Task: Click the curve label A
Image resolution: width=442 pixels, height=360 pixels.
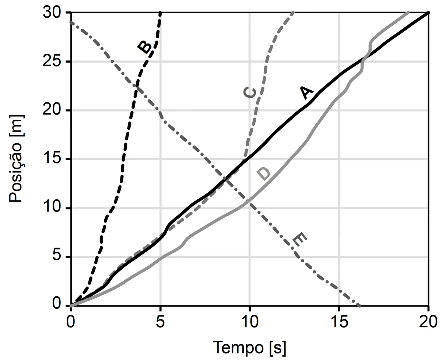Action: pyautogui.click(x=306, y=93)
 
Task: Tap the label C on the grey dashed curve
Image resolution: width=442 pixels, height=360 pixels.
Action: pyautogui.click(x=250, y=93)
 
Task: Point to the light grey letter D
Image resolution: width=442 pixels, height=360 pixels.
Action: pyautogui.click(x=263, y=174)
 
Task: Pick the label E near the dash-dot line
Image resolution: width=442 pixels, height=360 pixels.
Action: pyautogui.click(x=299, y=240)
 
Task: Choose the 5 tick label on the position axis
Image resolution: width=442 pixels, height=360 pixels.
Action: pyautogui.click(x=58, y=257)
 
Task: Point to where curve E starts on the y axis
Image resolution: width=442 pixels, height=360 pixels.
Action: pyautogui.click(x=71, y=22)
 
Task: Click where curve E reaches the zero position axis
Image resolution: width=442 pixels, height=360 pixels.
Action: pyautogui.click(x=360, y=306)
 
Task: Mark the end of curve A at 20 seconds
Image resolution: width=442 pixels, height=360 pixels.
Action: pyautogui.click(x=428, y=13)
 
